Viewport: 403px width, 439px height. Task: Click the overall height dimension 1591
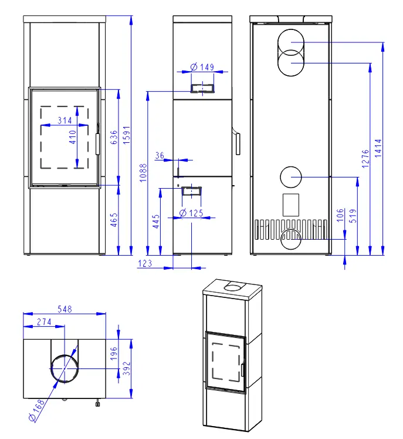point(127,135)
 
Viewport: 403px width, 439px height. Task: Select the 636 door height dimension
point(114,137)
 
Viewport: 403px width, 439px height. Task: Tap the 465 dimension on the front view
point(114,220)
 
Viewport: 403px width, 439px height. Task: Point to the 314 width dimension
point(65,120)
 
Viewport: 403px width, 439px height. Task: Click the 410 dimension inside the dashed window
point(72,137)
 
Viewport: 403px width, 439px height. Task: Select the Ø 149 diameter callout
point(202,67)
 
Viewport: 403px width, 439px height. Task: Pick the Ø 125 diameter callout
point(191,213)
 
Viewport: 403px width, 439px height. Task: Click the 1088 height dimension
point(143,173)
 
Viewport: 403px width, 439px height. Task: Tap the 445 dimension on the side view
point(155,222)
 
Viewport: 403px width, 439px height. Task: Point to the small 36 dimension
point(160,155)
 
